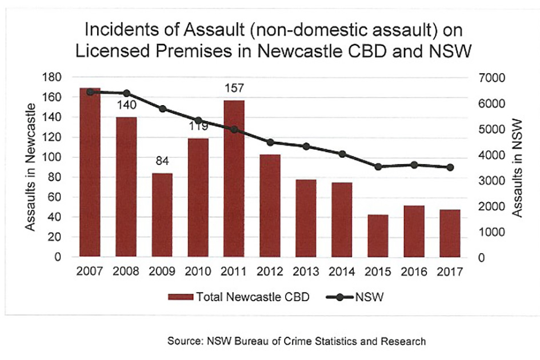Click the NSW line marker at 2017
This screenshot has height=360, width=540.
pos(450,167)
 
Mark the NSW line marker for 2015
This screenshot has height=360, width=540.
pos(378,167)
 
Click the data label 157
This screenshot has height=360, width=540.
pos(234,89)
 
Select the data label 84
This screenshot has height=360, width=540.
pos(162,162)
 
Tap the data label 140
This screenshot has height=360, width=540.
pos(126,105)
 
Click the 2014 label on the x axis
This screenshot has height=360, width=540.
pos(342,271)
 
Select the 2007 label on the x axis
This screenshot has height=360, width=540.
pos(90,271)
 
